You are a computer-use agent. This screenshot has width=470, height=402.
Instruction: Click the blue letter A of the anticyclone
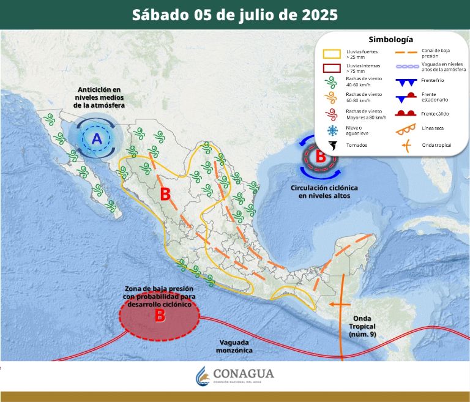(97, 139)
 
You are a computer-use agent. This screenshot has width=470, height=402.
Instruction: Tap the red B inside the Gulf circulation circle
(320, 156)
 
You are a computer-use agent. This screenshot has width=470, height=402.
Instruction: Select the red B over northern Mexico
(165, 195)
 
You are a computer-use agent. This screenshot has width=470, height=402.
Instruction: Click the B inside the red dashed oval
(159, 316)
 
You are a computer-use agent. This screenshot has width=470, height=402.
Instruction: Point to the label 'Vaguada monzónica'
(234, 347)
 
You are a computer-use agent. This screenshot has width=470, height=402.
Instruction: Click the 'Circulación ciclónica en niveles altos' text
(324, 192)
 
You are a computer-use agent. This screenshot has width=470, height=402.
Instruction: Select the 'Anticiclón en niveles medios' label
(99, 98)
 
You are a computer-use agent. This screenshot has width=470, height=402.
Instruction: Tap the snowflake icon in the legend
(333, 130)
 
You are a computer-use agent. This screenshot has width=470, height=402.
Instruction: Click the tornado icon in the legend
(333, 146)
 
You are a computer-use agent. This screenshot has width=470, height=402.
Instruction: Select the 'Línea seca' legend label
(433, 128)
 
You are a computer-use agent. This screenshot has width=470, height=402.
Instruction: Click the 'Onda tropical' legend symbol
(404, 145)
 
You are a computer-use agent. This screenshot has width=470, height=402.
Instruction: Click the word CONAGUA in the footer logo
(243, 373)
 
